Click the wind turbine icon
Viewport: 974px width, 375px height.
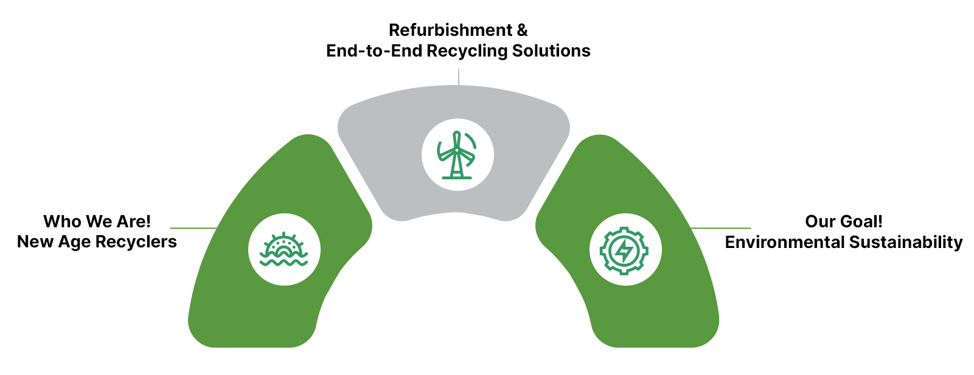click(x=457, y=155)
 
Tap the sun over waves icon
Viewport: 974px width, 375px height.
click(x=284, y=250)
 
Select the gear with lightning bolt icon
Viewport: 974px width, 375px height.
click(x=625, y=250)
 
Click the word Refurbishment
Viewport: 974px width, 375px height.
click(x=450, y=30)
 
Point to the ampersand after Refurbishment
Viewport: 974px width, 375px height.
click(x=522, y=30)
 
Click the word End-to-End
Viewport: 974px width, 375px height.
click(x=374, y=50)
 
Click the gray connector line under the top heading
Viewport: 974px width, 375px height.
click(x=459, y=77)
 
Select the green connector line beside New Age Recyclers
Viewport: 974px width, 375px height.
click(x=193, y=229)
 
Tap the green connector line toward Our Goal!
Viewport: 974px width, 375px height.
click(x=721, y=229)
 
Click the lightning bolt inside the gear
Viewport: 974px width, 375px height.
click(x=624, y=250)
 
